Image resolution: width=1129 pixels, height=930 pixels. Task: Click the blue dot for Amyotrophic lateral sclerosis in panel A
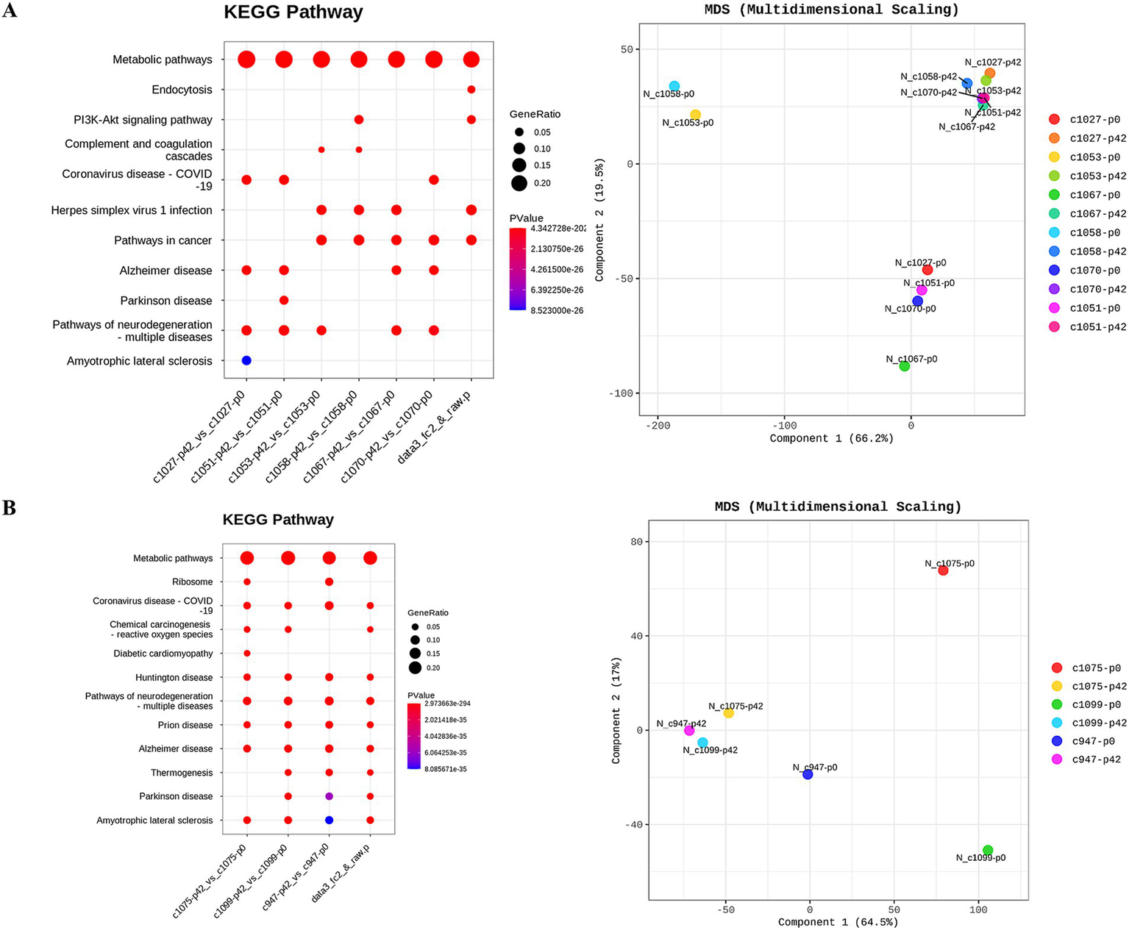pos(246,360)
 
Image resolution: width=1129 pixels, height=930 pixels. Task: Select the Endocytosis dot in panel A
pos(471,90)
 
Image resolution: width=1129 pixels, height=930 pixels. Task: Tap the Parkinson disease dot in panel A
pos(284,300)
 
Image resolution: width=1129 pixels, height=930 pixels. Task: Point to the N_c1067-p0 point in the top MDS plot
pos(905,366)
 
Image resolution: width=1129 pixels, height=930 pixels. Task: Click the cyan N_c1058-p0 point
pos(674,86)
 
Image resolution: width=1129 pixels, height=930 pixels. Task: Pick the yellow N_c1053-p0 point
pos(695,115)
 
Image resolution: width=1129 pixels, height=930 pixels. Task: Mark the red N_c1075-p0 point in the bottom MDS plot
pos(943,570)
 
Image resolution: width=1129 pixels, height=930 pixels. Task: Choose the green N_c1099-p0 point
pos(988,850)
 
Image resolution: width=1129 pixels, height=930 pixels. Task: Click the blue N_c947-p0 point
pos(808,774)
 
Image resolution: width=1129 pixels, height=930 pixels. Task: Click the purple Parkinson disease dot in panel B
pos(330,796)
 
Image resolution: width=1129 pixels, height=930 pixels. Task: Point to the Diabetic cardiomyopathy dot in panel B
pos(247,653)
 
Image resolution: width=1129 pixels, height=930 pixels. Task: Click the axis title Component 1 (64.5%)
pos(838,922)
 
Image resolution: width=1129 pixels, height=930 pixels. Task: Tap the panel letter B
pos(10,508)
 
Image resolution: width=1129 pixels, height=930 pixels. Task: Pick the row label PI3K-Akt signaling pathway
pos(143,120)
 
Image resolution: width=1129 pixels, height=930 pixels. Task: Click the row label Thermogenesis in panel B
pos(182,773)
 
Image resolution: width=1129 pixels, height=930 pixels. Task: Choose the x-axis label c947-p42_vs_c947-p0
pos(296,879)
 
